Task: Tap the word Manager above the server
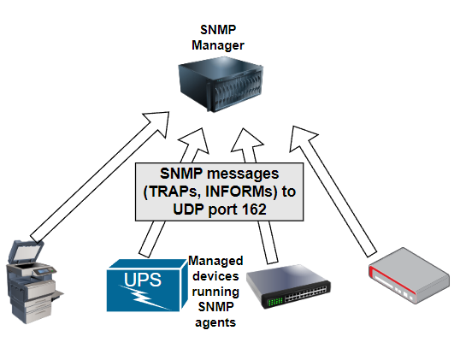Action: pos(218,45)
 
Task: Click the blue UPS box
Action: pos(147,286)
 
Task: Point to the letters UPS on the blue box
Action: pos(143,280)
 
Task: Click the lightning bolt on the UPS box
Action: pos(144,297)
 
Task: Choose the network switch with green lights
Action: pos(288,286)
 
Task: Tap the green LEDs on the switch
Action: pos(276,301)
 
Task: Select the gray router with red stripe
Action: pos(409,275)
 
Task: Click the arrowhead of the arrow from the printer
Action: pos(158,123)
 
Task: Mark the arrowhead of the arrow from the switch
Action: pos(246,141)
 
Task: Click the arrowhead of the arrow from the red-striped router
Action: pos(302,138)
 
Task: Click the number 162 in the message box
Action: pos(254,210)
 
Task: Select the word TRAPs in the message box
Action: pos(172,192)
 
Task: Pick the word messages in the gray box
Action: pos(243,174)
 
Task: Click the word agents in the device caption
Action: pos(215,322)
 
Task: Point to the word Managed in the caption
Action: pos(215,261)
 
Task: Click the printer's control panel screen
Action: pos(43,271)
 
